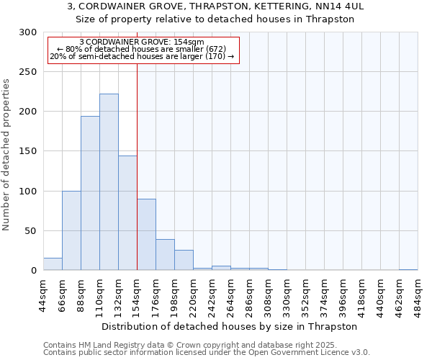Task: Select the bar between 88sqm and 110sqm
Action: (x=90, y=193)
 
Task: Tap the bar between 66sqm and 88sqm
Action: (x=71, y=230)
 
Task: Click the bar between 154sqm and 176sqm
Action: (x=146, y=235)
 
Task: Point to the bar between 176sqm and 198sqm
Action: (x=165, y=255)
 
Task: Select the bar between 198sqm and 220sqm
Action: (x=184, y=260)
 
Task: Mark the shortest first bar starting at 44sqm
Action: (x=53, y=264)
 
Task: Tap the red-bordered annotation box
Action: (x=143, y=49)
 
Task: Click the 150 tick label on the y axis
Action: (x=28, y=152)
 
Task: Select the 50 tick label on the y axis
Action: (x=31, y=231)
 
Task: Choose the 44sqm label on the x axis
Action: (x=43, y=295)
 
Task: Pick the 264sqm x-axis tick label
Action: (x=230, y=295)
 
